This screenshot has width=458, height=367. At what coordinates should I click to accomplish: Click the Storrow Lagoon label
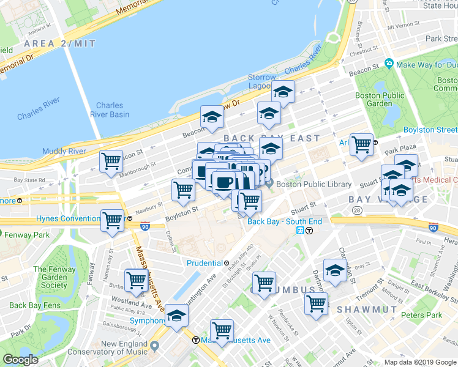pyautogui.click(x=263, y=81)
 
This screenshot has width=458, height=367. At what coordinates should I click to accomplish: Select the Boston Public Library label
pyautogui.click(x=313, y=184)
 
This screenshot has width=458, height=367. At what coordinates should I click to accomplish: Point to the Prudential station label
pyautogui.click(x=204, y=263)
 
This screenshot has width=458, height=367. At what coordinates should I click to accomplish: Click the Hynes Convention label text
pyautogui.click(x=67, y=218)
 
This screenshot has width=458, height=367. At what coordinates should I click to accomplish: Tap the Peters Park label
pyautogui.click(x=421, y=315)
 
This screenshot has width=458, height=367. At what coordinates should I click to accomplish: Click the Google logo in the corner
pyautogui.click(x=20, y=360)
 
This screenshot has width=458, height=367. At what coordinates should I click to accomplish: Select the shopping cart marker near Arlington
pyautogui.click(x=361, y=145)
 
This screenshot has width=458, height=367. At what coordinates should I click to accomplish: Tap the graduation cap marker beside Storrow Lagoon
pyautogui.click(x=283, y=92)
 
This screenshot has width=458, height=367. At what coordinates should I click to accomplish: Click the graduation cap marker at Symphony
pyautogui.click(x=176, y=316)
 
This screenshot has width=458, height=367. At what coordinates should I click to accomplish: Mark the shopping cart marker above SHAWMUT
pyautogui.click(x=316, y=303)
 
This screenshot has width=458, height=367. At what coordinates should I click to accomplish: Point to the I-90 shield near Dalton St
pyautogui.click(x=145, y=225)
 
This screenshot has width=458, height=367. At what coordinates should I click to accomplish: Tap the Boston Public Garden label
pyautogui.click(x=380, y=99)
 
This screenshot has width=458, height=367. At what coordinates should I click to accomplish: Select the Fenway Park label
pyautogui.click(x=24, y=235)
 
